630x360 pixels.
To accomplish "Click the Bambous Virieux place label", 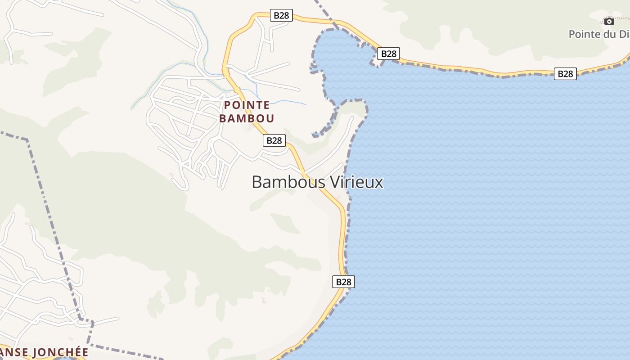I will [x=317, y=182].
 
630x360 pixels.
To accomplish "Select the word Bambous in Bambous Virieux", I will [x=288, y=182].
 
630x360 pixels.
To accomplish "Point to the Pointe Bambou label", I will [x=247, y=112].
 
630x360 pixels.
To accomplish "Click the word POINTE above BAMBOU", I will [x=247, y=105].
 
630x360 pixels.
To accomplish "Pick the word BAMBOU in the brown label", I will [x=247, y=119].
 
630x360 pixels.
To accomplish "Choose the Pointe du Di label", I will [x=598, y=34].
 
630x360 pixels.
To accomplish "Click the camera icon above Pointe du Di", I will [x=609, y=21].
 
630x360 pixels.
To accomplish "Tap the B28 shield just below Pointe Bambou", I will [x=274, y=140].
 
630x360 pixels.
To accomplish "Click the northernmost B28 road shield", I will [x=281, y=15].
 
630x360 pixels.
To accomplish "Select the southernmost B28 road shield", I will [x=343, y=282].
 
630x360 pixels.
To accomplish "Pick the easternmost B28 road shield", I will [x=565, y=74].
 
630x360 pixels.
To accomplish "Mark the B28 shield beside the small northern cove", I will [x=388, y=54].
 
